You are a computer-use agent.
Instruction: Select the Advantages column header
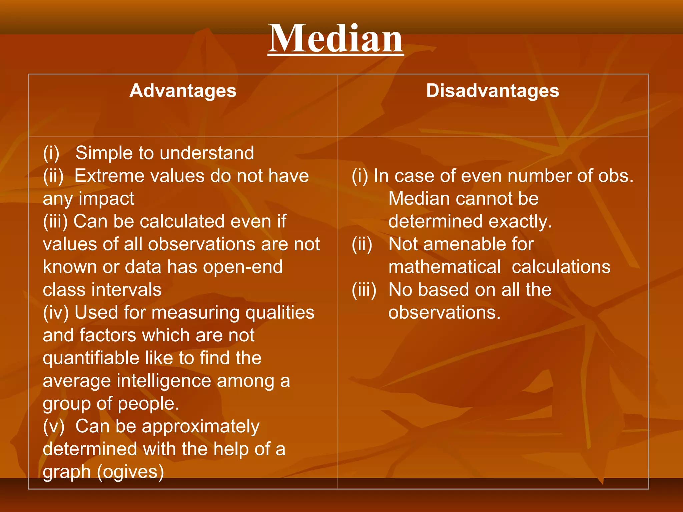pyautogui.click(x=183, y=91)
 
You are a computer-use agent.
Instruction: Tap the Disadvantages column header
pyautogui.click(x=493, y=91)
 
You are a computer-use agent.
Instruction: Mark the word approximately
pyautogui.click(x=205, y=427)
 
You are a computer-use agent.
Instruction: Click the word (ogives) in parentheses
pyautogui.click(x=130, y=472)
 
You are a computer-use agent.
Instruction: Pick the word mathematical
pyautogui.click(x=444, y=267)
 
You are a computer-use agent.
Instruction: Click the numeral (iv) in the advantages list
pyautogui.click(x=56, y=313)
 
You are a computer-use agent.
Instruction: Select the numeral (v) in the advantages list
pyautogui.click(x=53, y=427)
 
